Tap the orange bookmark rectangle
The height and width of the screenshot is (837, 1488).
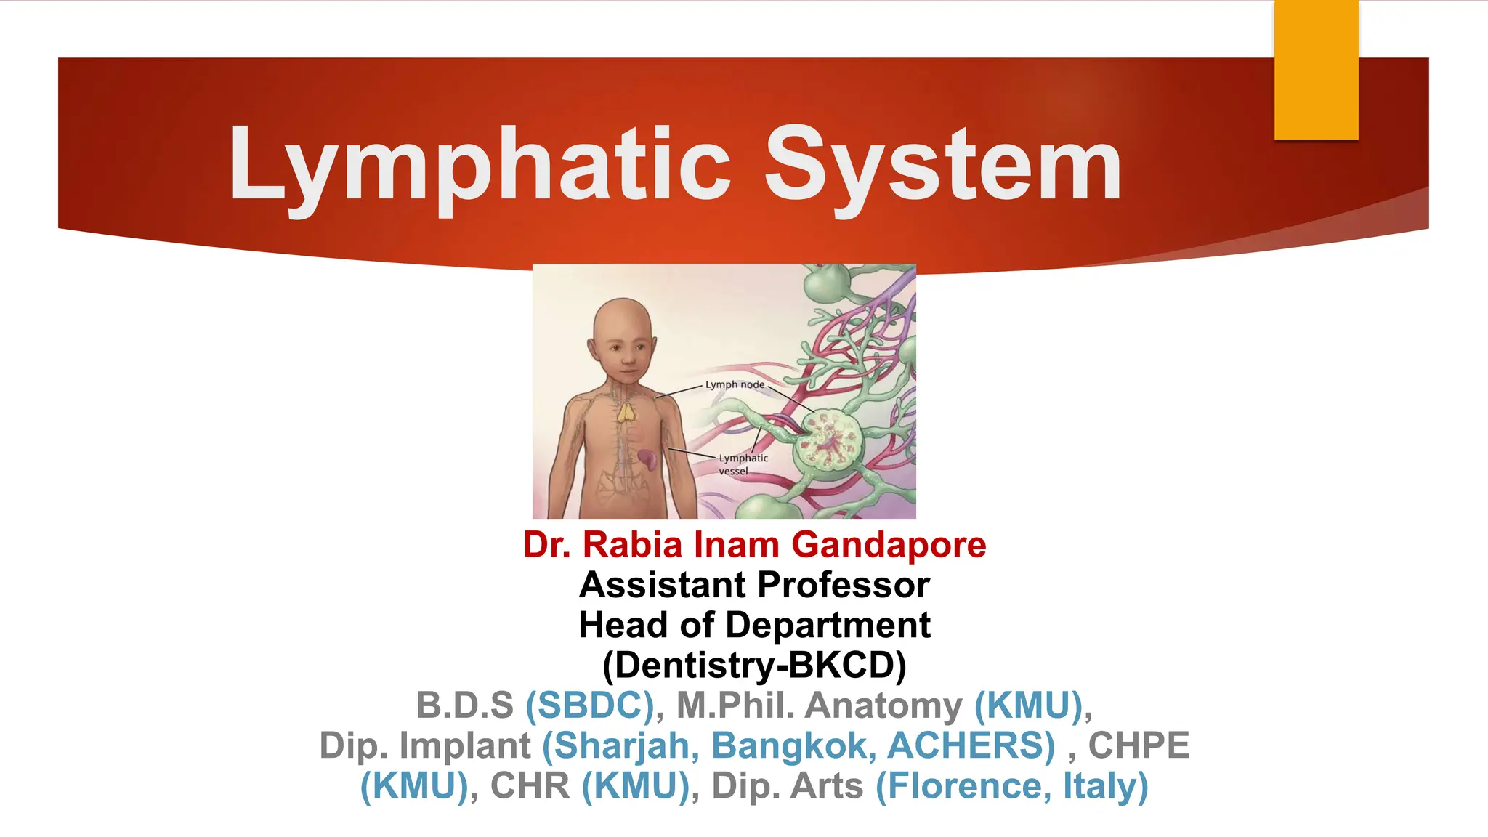tap(1316, 70)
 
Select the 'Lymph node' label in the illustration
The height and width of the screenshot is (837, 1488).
tap(735, 384)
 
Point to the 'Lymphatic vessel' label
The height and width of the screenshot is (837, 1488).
tap(743, 464)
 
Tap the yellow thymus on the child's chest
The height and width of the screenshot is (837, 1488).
tap(626, 413)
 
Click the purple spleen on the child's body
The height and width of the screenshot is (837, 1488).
tap(647, 458)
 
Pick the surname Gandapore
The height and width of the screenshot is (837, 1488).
tap(889, 545)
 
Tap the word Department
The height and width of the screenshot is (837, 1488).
tap(828, 625)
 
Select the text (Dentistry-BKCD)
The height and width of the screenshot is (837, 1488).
tap(754, 665)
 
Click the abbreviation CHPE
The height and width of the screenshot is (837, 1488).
tap(1139, 745)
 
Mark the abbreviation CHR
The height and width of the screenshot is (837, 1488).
tap(530, 786)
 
